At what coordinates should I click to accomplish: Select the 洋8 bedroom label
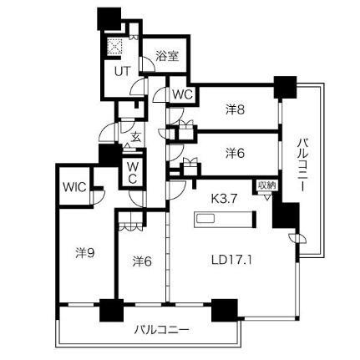[x=236, y=109]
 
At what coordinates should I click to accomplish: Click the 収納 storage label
[x=266, y=185]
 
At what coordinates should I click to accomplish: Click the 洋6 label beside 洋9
[x=141, y=261]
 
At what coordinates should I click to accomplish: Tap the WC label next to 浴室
[x=182, y=94]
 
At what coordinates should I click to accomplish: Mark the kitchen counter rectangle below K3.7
[x=225, y=221]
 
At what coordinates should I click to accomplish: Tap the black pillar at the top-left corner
[x=109, y=18]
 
